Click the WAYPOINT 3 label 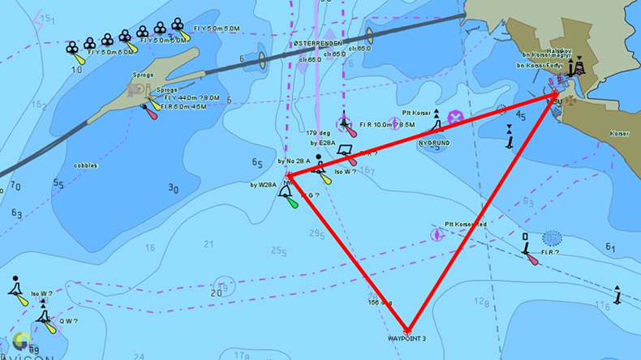tap(407, 338)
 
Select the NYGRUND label tap(433, 143)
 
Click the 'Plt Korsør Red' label tap(465, 224)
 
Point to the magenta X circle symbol tap(455, 118)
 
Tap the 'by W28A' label tap(263, 185)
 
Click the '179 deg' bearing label tap(316, 132)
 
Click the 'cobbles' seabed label tap(85, 165)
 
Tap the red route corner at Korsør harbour tap(555, 96)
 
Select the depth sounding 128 tap(481, 302)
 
